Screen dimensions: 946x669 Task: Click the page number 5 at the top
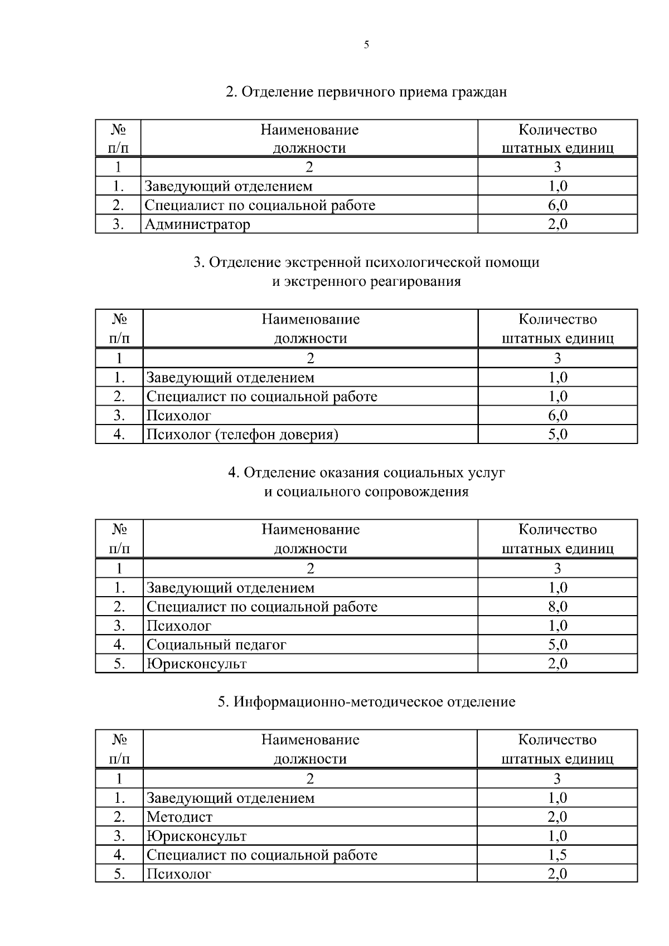point(366,45)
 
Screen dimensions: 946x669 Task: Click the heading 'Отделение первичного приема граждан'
point(366,91)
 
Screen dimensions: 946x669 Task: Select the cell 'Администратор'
point(197,225)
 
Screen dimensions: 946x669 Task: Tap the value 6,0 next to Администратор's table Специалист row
point(557,205)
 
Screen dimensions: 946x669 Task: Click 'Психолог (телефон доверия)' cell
point(242,435)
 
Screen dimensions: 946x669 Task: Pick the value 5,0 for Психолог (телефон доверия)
point(557,435)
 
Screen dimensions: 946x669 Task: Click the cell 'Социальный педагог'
point(216,645)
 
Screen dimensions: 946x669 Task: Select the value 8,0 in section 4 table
point(557,607)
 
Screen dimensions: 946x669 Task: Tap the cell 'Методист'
point(180,817)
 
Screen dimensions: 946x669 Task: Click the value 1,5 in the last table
point(557,855)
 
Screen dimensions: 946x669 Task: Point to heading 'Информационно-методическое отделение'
point(366,702)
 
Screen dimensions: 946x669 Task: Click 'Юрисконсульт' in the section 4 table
point(196,664)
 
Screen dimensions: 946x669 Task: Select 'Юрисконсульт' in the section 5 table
point(196,836)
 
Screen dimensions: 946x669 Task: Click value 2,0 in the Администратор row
point(557,225)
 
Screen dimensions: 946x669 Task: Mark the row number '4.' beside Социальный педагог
point(119,645)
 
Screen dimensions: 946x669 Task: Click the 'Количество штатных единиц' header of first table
point(557,139)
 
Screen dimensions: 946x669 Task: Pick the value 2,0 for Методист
point(557,817)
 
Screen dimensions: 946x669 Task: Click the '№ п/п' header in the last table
point(119,749)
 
